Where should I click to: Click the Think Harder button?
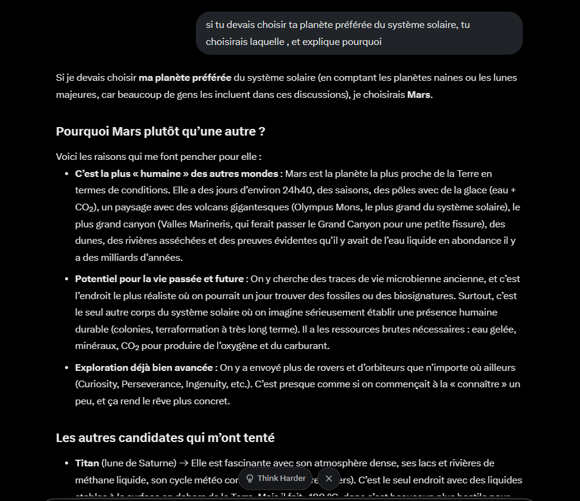pyautogui.click(x=275, y=479)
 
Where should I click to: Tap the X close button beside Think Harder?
pyautogui.click(x=329, y=479)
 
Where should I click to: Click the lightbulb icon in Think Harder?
pyautogui.click(x=250, y=479)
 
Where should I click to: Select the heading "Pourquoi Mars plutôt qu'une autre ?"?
pyautogui.click(x=161, y=131)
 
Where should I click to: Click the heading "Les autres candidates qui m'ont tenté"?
pyautogui.click(x=165, y=438)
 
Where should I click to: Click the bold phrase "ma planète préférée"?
pyautogui.click(x=185, y=78)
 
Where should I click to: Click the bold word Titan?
pyautogui.click(x=87, y=463)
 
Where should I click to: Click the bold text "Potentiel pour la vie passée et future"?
pyautogui.click(x=159, y=279)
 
